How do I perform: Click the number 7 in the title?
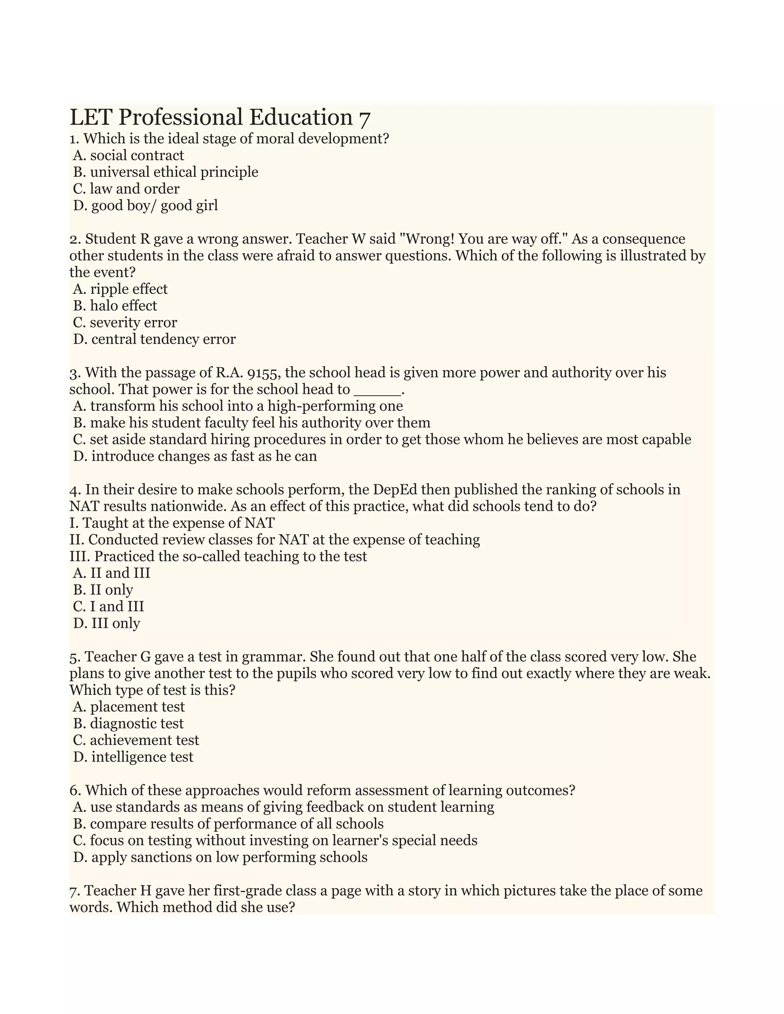click(x=364, y=118)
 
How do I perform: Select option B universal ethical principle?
click(x=165, y=172)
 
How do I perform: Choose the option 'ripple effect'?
click(x=120, y=289)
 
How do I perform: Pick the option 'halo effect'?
click(x=115, y=306)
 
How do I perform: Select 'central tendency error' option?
click(x=154, y=339)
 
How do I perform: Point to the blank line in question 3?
click(x=377, y=390)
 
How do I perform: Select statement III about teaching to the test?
click(x=218, y=557)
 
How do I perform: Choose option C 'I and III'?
click(x=109, y=607)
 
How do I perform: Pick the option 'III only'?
click(x=107, y=624)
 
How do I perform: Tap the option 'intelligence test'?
click(x=133, y=757)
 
